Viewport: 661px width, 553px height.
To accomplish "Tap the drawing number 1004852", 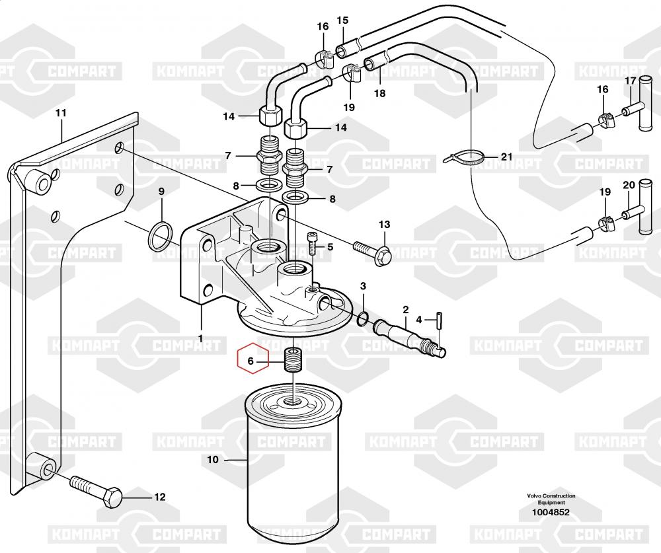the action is (x=551, y=513).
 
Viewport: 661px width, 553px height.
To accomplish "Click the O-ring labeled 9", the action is (x=161, y=236).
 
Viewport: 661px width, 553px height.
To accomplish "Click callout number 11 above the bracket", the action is (x=61, y=113).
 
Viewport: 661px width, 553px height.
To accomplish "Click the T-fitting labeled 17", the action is (x=639, y=104).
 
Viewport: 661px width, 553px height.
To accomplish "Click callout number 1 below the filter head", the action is (x=201, y=338).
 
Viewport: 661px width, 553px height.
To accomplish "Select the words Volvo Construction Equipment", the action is (x=551, y=499).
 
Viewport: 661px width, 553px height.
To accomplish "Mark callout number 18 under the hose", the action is (x=380, y=93).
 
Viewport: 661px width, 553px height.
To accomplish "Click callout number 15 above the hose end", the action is (x=342, y=20).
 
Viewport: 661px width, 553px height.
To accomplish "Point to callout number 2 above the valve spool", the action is (x=406, y=310).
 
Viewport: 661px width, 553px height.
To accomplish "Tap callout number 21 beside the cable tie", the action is (x=507, y=157).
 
